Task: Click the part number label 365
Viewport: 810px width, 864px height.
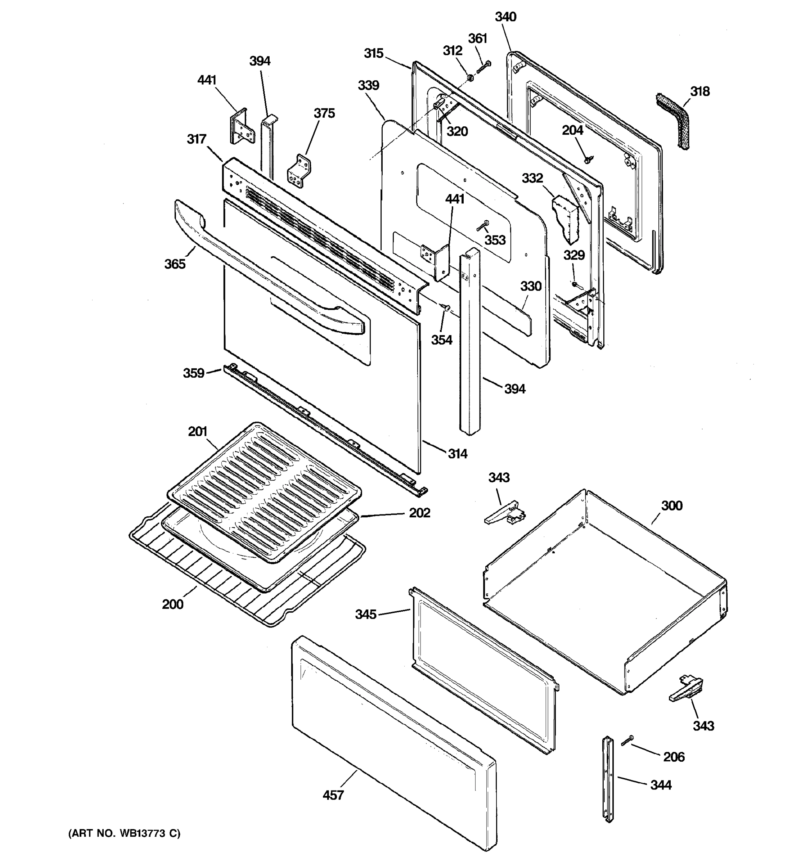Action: tap(175, 264)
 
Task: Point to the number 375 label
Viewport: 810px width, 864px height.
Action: tap(324, 113)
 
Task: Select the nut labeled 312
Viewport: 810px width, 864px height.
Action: tap(471, 78)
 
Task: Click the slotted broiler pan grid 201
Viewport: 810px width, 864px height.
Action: tap(264, 491)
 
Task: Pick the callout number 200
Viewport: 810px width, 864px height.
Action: tap(172, 604)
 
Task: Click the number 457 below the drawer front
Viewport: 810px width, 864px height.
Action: tap(333, 795)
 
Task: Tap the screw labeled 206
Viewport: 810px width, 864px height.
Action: tap(627, 741)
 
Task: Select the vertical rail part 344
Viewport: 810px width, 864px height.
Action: tap(608, 778)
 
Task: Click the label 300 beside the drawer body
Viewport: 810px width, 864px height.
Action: tap(672, 505)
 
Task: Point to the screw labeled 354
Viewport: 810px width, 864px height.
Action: tap(445, 308)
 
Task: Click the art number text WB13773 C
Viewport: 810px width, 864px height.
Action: tap(124, 833)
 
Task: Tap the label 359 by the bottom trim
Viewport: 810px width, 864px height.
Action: tap(193, 373)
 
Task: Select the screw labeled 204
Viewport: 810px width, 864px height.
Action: tap(588, 159)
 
